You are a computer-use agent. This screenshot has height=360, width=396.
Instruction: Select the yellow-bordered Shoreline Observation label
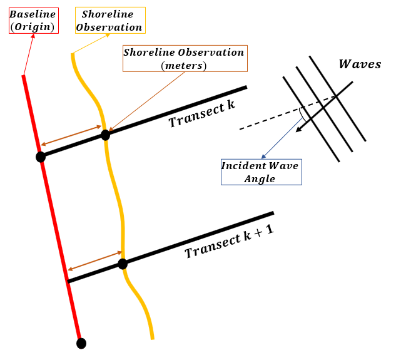109,21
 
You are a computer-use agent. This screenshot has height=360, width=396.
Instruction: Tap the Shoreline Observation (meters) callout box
184,58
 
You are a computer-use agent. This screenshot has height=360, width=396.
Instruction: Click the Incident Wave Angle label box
261,172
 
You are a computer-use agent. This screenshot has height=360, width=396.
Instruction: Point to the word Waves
359,64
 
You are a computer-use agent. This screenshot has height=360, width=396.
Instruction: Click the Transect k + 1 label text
230,243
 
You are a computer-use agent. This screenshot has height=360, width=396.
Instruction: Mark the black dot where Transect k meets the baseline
41,157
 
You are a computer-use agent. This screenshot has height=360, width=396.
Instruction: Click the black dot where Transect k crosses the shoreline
105,134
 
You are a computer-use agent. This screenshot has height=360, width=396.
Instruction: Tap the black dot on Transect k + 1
123,264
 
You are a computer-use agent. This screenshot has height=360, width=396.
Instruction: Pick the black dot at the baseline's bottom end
81,343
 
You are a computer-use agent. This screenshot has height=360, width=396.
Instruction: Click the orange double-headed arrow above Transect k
71,135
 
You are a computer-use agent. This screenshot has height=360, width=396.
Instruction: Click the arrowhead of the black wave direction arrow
300,130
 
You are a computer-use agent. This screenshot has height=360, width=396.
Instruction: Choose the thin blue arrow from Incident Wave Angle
282,139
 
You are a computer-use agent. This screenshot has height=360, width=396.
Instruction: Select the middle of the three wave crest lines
324,108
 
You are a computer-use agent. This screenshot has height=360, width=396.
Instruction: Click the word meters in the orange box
184,65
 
